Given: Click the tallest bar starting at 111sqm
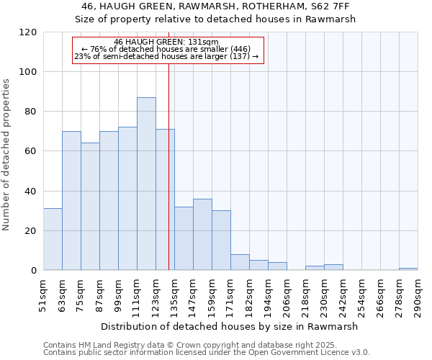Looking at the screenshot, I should [146, 184].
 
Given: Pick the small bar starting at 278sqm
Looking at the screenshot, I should [408, 269].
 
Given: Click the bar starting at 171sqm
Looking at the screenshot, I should [240, 263].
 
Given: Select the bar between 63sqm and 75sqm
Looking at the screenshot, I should [71, 201].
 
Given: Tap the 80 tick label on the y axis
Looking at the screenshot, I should [31, 112].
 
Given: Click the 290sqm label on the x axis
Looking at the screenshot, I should [418, 295].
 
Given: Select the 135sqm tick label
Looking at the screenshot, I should [175, 295].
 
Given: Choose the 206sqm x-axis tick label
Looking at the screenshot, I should [287, 295].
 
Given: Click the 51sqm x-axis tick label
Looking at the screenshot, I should [44, 295].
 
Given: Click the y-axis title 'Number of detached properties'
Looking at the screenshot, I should [6, 155].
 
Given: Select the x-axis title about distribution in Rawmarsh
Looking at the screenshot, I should [230, 326].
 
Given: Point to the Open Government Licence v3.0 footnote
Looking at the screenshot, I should [207, 353].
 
